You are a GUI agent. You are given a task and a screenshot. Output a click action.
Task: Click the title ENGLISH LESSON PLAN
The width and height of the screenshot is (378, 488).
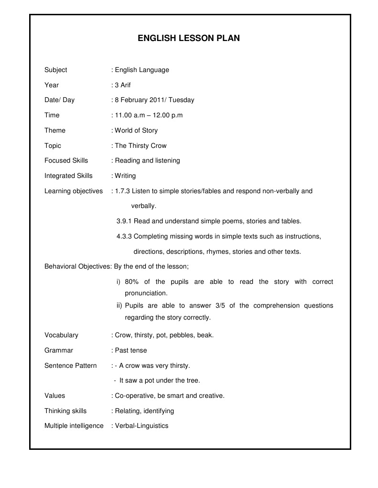(189, 39)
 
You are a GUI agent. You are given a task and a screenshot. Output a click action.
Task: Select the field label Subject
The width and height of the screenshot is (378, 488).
(56, 70)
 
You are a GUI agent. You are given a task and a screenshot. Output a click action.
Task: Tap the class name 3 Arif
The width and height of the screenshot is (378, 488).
(123, 85)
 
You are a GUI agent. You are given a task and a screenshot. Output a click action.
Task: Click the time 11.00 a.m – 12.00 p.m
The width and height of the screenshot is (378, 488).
(149, 115)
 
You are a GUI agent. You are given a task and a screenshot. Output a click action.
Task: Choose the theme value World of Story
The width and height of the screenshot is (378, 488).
(136, 130)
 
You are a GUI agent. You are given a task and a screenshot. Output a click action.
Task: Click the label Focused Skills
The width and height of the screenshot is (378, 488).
(66, 161)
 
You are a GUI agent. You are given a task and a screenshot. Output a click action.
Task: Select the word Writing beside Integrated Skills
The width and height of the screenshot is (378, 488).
(125, 176)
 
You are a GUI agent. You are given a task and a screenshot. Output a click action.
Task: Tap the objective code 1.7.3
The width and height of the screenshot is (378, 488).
(122, 191)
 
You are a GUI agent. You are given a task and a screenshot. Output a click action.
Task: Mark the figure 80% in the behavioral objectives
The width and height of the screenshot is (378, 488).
(132, 282)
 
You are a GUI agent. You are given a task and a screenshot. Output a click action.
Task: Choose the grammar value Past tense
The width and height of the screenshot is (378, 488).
(131, 350)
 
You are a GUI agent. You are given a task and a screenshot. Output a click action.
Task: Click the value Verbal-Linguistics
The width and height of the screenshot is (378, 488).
(141, 426)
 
